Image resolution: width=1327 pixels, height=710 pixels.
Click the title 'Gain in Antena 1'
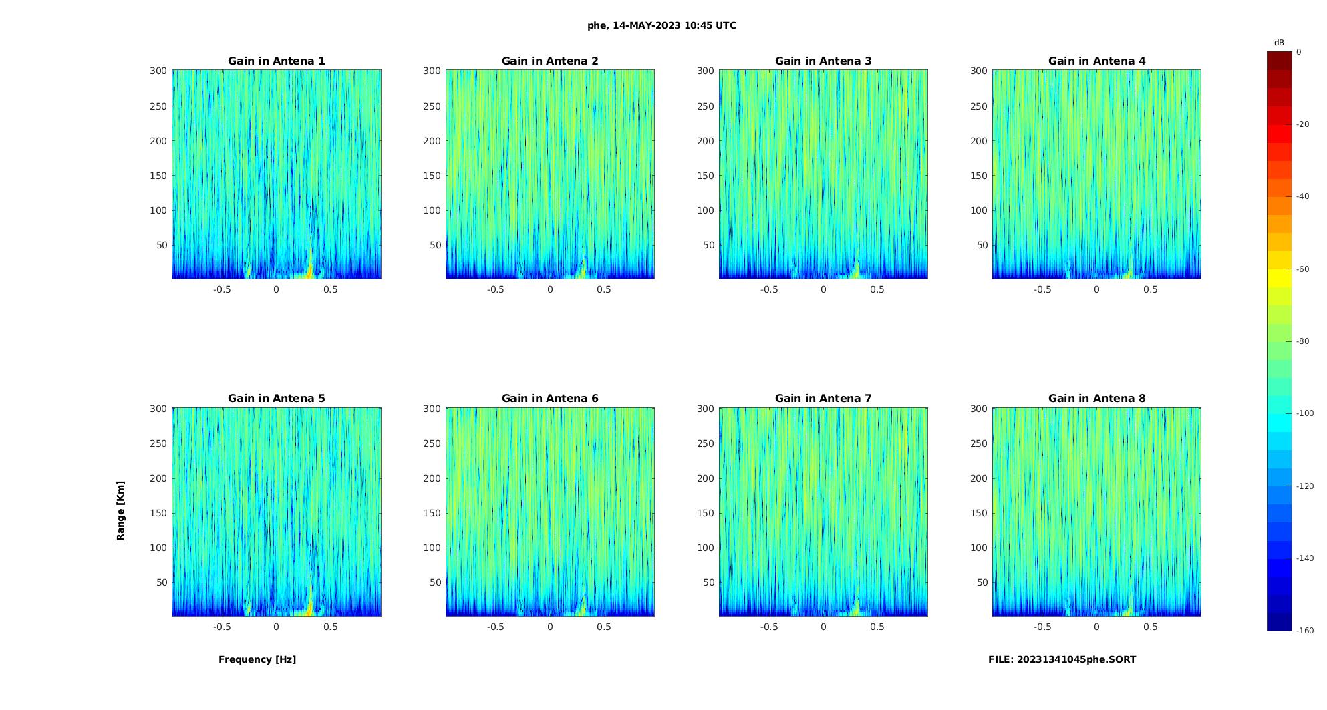(276, 61)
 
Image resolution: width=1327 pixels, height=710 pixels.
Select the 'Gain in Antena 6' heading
(550, 399)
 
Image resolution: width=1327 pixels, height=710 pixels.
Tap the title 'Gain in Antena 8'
(1096, 399)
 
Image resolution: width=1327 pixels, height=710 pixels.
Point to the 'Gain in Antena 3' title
(823, 61)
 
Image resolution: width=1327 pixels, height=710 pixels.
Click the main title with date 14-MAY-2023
(661, 25)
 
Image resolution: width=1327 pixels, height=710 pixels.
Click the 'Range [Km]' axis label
(121, 510)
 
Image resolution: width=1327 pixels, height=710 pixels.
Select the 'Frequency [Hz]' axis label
(257, 659)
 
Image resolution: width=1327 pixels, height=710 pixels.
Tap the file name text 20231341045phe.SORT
(1062, 659)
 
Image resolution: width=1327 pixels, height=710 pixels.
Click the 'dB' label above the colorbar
(1279, 43)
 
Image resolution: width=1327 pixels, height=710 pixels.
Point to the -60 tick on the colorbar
(1303, 269)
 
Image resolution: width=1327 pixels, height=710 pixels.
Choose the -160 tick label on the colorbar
(1305, 631)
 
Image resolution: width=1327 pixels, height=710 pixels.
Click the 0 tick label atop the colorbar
(1299, 52)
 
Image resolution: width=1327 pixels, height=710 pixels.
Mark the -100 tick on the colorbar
(1305, 413)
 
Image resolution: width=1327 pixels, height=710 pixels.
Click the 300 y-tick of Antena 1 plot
(158, 71)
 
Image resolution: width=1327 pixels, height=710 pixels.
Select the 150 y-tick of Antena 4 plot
(978, 176)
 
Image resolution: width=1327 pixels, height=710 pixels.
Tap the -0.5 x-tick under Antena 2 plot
(495, 289)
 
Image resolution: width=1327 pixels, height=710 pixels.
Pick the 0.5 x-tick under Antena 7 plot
(877, 627)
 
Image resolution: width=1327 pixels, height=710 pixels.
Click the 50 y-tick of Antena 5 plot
(161, 582)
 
